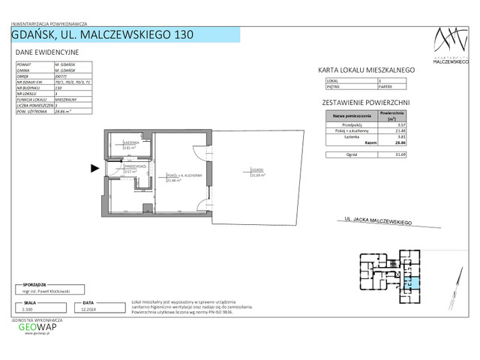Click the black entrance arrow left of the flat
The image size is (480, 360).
click(x=94, y=169)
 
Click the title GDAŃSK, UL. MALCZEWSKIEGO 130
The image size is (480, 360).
click(x=104, y=34)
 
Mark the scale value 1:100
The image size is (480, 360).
click(x=28, y=308)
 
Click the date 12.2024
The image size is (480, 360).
click(x=85, y=308)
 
